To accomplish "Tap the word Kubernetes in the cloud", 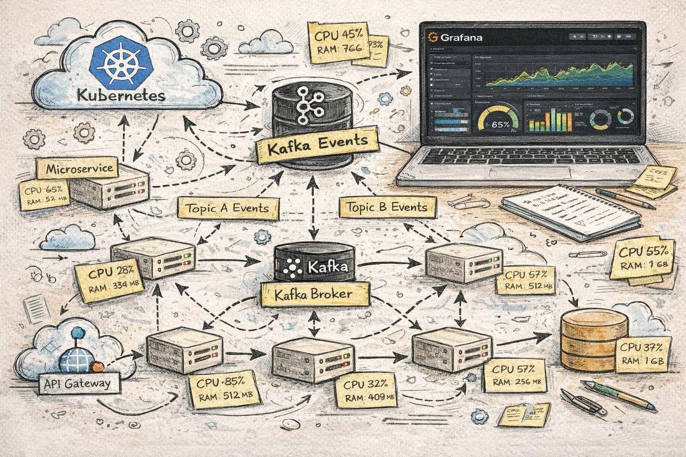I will (x=121, y=95).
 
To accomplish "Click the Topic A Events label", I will (x=227, y=208).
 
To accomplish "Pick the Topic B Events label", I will (x=387, y=207).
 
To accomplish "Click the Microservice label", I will (x=79, y=169).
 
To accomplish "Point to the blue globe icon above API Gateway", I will (x=76, y=357).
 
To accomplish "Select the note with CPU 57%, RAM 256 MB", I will (x=516, y=376).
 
